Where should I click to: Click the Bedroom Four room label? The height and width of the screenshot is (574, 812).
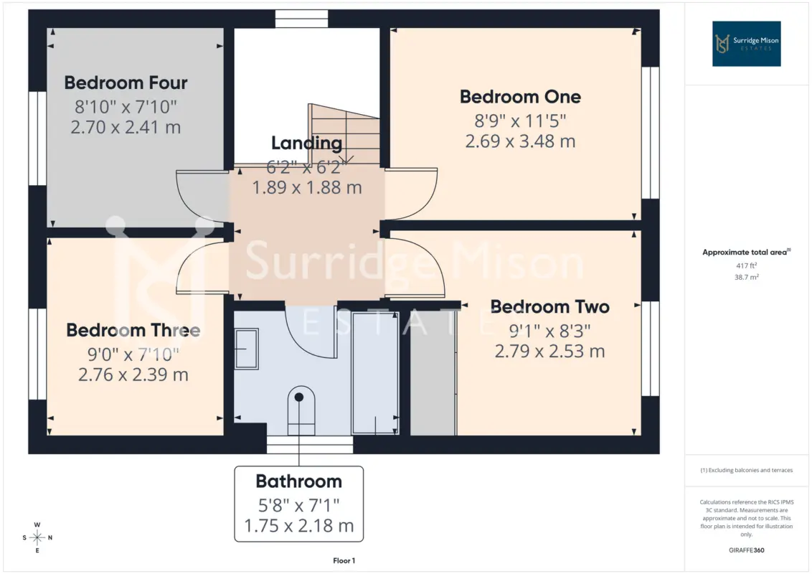126,83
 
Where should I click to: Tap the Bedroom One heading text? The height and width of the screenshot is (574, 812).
521,97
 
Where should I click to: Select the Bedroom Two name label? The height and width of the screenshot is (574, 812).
550,306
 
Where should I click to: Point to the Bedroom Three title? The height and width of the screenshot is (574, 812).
133,331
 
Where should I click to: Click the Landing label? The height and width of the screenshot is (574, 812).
306,143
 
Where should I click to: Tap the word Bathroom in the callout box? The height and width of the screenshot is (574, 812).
299,481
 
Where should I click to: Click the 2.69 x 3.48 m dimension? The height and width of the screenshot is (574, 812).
521,141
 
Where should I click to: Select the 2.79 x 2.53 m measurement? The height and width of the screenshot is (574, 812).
550,352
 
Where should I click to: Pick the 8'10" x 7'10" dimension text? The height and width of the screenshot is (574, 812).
126,107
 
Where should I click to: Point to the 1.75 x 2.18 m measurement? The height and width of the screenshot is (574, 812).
299,526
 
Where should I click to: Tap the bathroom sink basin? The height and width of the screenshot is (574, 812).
247,349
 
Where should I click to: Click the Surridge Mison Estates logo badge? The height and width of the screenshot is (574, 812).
746,44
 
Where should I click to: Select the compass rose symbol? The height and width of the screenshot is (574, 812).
37,537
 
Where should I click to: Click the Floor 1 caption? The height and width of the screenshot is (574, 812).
344,560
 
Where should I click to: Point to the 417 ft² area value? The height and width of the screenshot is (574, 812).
746,265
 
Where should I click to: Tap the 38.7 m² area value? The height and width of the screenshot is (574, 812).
746,277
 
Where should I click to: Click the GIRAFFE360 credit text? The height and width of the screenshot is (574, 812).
746,550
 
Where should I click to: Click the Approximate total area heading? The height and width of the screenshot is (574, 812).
746,253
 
